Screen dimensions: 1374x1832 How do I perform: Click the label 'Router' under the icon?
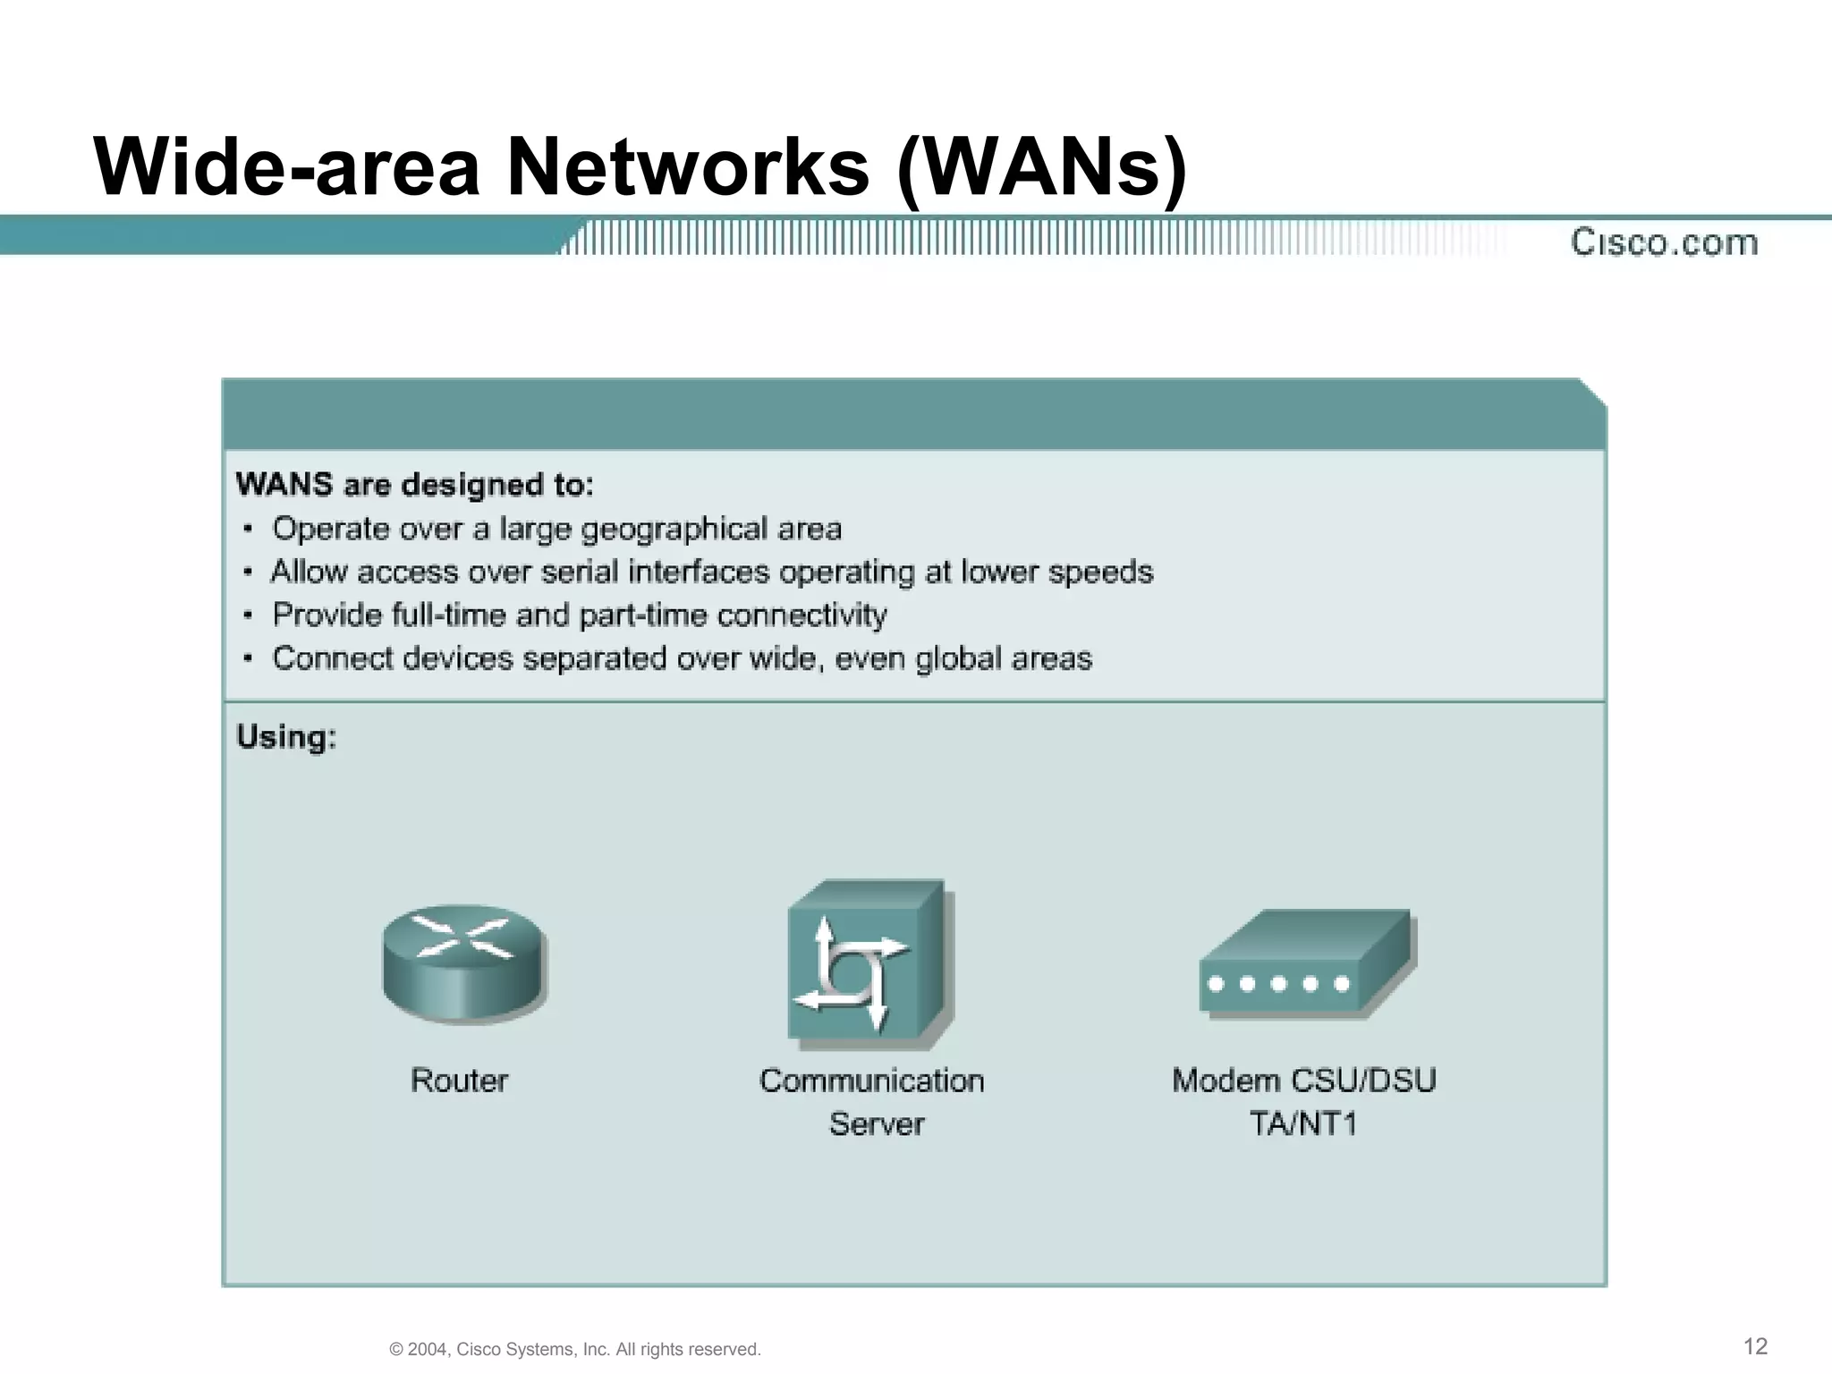pos(459,1081)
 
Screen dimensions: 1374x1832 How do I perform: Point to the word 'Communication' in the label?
pos(871,1081)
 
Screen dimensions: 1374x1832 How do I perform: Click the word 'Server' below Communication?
pos(877,1124)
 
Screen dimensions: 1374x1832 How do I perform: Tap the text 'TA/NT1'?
pos(1303,1124)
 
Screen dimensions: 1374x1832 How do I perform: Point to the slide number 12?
pos(1756,1346)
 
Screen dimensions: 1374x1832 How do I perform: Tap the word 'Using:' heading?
pos(286,737)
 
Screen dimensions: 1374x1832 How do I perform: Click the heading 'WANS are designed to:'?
pos(414,485)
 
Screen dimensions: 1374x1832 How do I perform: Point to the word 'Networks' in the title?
pos(688,168)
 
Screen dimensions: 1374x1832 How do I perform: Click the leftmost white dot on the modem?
pos(1216,984)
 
